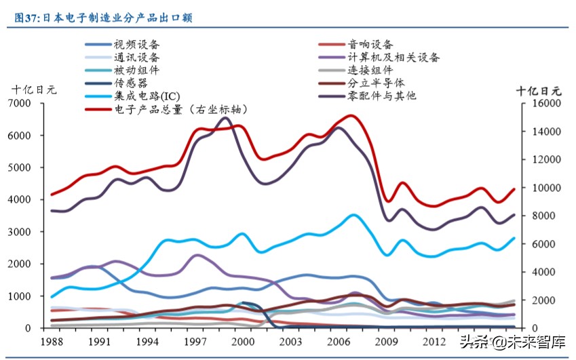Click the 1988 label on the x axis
(x=51, y=341)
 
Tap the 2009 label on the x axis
(x=387, y=341)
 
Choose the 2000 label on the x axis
(x=242, y=341)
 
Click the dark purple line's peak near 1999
(x=226, y=118)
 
